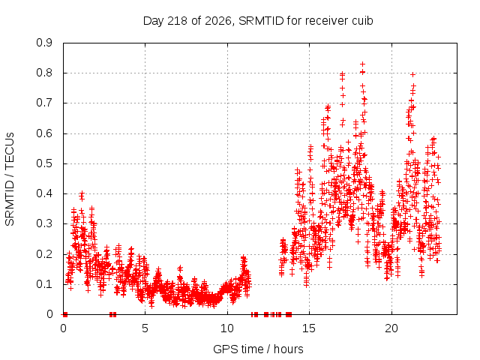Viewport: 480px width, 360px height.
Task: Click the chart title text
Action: click(x=258, y=21)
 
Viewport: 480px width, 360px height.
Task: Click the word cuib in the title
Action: click(x=362, y=20)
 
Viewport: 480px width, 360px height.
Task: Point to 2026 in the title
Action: click(x=218, y=20)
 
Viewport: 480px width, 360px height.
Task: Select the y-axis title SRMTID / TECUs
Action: click(x=10, y=179)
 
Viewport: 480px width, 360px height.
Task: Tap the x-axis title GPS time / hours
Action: click(x=258, y=349)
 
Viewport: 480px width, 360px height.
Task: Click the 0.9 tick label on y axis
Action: click(x=44, y=43)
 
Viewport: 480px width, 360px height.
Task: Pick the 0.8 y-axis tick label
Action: click(x=44, y=73)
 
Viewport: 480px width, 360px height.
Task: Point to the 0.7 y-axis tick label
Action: click(x=44, y=103)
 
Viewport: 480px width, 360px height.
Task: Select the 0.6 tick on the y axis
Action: click(x=44, y=133)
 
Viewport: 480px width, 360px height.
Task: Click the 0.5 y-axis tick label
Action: click(x=44, y=163)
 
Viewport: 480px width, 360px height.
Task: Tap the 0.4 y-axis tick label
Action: click(x=44, y=193)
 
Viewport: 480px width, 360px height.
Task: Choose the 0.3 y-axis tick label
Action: click(x=44, y=223)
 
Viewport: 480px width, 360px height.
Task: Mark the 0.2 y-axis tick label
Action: click(x=44, y=253)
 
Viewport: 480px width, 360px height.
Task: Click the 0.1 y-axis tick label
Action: click(x=44, y=283)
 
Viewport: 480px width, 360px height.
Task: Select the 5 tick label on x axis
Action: click(x=145, y=328)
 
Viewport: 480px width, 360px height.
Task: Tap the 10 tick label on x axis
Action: click(x=227, y=328)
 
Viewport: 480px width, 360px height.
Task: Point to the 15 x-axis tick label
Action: click(x=309, y=328)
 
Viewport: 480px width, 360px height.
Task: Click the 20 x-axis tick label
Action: click(x=391, y=328)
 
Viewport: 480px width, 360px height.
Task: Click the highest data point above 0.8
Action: click(x=362, y=64)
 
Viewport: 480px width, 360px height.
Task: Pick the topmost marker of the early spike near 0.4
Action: click(x=82, y=193)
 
